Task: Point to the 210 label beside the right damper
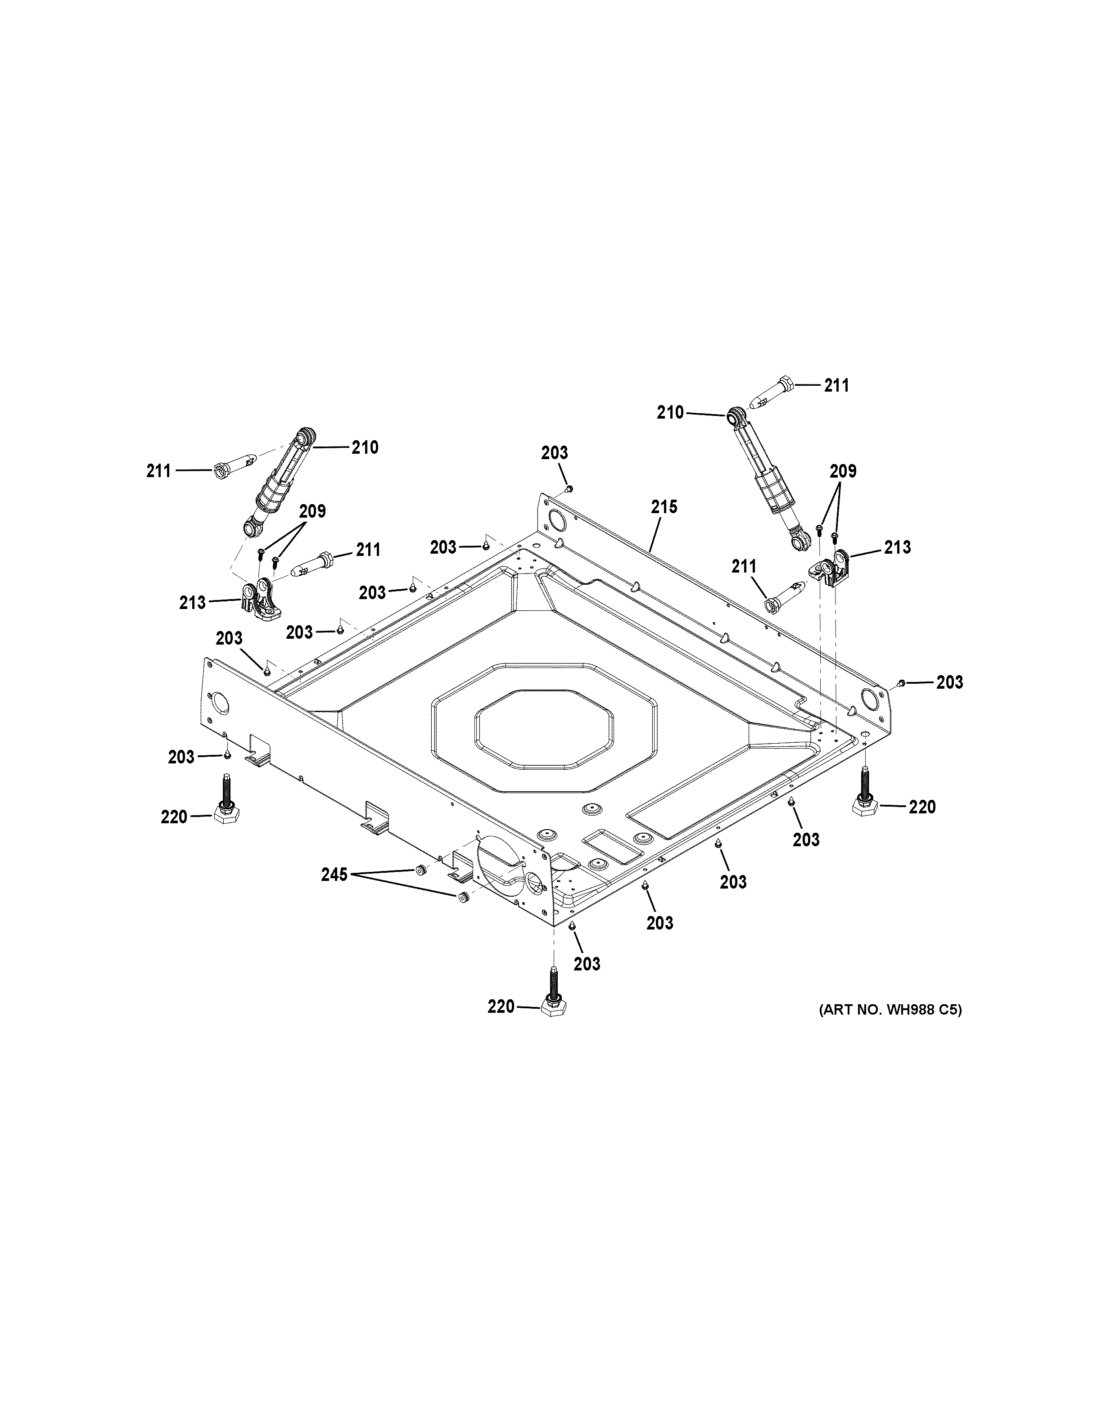[x=670, y=413]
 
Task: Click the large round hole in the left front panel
[x=220, y=704]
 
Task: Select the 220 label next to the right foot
[x=922, y=807]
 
